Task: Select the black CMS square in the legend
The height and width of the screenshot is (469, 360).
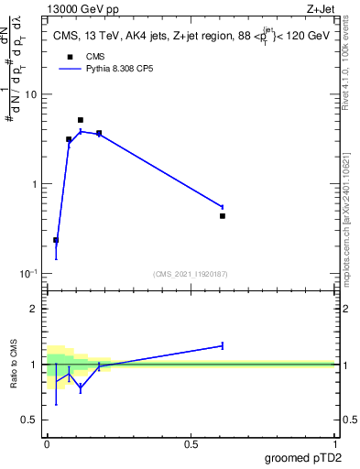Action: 70,56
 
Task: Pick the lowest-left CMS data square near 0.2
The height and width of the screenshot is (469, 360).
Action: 56,240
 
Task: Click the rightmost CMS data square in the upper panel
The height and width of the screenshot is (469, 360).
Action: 223,216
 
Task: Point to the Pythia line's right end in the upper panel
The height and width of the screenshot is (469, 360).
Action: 223,207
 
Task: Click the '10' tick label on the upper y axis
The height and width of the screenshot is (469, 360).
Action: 31,95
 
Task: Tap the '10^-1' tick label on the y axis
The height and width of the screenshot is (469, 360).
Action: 29,274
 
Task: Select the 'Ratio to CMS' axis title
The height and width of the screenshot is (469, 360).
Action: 15,364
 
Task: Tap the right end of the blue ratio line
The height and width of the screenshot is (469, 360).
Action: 223,345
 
